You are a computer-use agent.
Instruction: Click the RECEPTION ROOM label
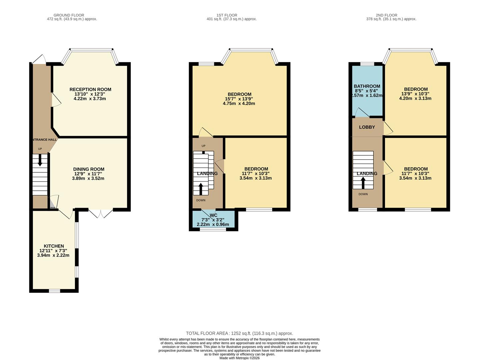click(x=90, y=89)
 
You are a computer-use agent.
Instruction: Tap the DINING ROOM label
click(x=89, y=169)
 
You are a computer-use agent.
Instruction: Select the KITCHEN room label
click(x=54, y=246)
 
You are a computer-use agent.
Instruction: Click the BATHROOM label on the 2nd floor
click(x=367, y=86)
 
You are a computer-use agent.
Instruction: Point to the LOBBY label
click(x=367, y=127)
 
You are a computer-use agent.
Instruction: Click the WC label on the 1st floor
click(x=213, y=215)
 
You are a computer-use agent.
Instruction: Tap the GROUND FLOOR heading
click(x=69, y=15)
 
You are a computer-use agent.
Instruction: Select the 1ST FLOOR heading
click(x=227, y=15)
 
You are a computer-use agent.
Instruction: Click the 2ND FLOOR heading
click(x=386, y=15)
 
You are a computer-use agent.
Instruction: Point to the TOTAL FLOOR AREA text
click(x=239, y=333)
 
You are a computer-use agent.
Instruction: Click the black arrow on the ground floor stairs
click(x=40, y=160)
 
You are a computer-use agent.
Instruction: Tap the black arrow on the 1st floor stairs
click(x=201, y=189)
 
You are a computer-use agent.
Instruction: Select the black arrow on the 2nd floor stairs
click(x=363, y=183)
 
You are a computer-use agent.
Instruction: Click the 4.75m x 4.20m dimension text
click(x=239, y=104)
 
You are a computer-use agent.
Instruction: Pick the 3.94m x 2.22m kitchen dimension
click(x=53, y=255)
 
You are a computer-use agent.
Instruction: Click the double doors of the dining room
click(x=101, y=213)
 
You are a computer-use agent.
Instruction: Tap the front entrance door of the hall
click(x=39, y=59)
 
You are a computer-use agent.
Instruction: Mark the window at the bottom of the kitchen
click(x=54, y=291)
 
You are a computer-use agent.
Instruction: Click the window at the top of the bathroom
click(x=367, y=64)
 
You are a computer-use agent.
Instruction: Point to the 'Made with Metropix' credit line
click(x=239, y=358)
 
